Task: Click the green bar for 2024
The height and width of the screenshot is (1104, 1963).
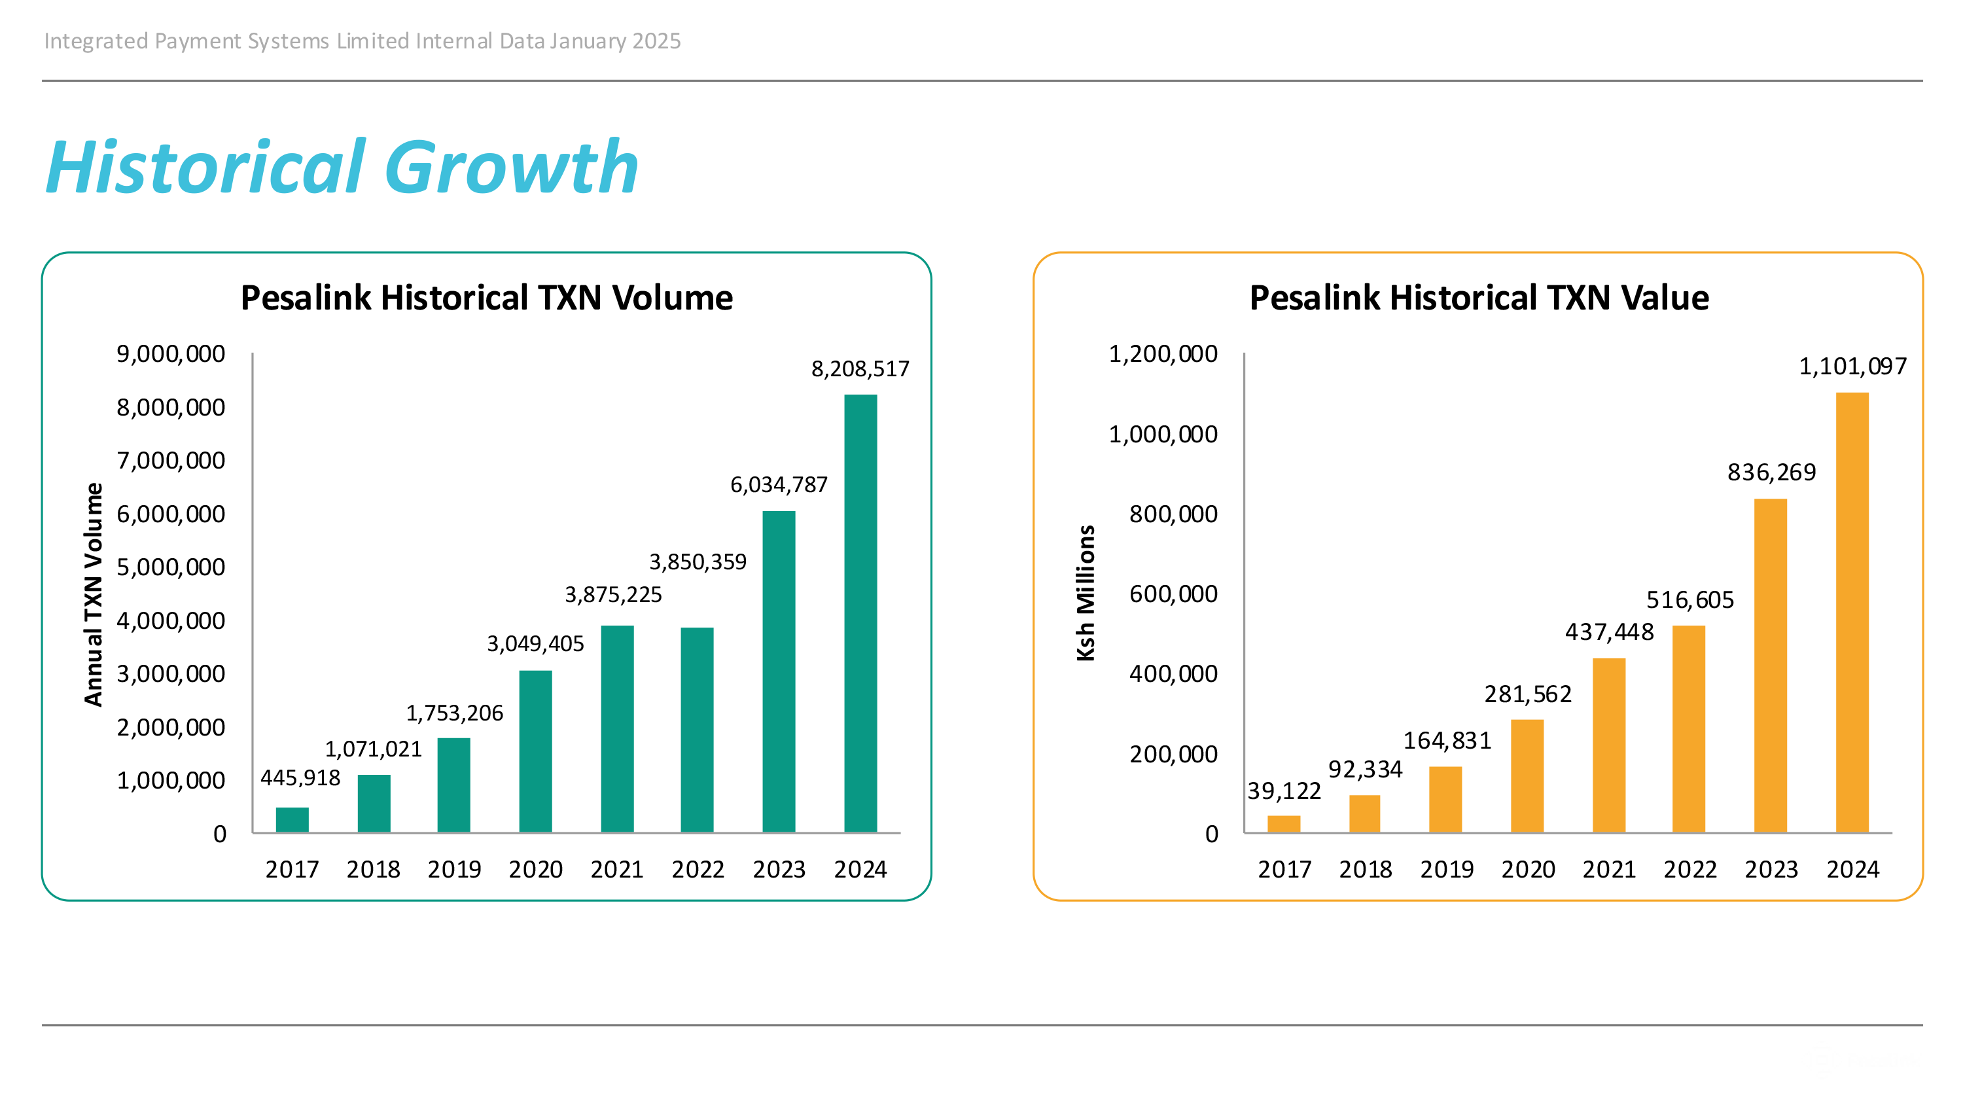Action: [x=860, y=613]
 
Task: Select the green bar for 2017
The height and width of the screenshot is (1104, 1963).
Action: [x=292, y=820]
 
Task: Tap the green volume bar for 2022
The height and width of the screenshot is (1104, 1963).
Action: [x=696, y=729]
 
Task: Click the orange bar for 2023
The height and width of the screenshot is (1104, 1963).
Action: [x=1769, y=665]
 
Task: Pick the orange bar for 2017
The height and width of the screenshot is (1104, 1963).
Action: [x=1283, y=824]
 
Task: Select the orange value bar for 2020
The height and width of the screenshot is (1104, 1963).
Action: [x=1527, y=775]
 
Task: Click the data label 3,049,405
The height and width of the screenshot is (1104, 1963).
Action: [x=535, y=645]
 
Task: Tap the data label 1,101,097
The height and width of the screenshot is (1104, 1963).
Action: [x=1852, y=367]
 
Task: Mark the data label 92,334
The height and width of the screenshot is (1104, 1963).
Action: [x=1365, y=770]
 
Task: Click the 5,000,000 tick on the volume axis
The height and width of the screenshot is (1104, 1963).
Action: [x=171, y=567]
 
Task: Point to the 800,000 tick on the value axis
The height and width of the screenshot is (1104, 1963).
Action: [x=1173, y=514]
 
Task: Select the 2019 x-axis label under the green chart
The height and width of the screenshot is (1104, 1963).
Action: [x=454, y=869]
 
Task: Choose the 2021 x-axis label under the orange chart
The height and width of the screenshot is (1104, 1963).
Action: [x=1608, y=869]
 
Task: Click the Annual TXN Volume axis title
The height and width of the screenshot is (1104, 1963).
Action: [x=93, y=594]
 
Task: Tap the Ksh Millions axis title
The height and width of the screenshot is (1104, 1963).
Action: [x=1085, y=593]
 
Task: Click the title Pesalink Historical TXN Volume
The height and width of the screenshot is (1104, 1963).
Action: [x=486, y=298]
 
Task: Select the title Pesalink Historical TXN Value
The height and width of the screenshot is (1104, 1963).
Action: [x=1478, y=298]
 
